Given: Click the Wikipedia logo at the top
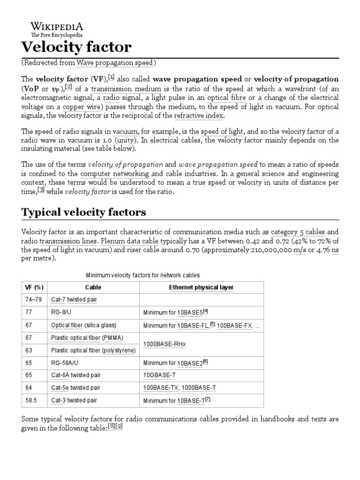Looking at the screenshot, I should [57, 29].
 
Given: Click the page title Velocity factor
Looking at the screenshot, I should [76, 47].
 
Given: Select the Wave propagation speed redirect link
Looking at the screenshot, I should [115, 63].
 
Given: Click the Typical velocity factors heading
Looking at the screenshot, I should [83, 212].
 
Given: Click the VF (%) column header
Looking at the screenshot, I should [34, 287].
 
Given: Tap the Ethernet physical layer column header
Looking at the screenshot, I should [201, 287].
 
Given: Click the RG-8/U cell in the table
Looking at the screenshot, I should [61, 312].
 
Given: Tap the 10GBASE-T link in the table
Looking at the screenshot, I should [159, 375].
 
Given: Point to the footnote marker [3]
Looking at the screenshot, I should [41, 190].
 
